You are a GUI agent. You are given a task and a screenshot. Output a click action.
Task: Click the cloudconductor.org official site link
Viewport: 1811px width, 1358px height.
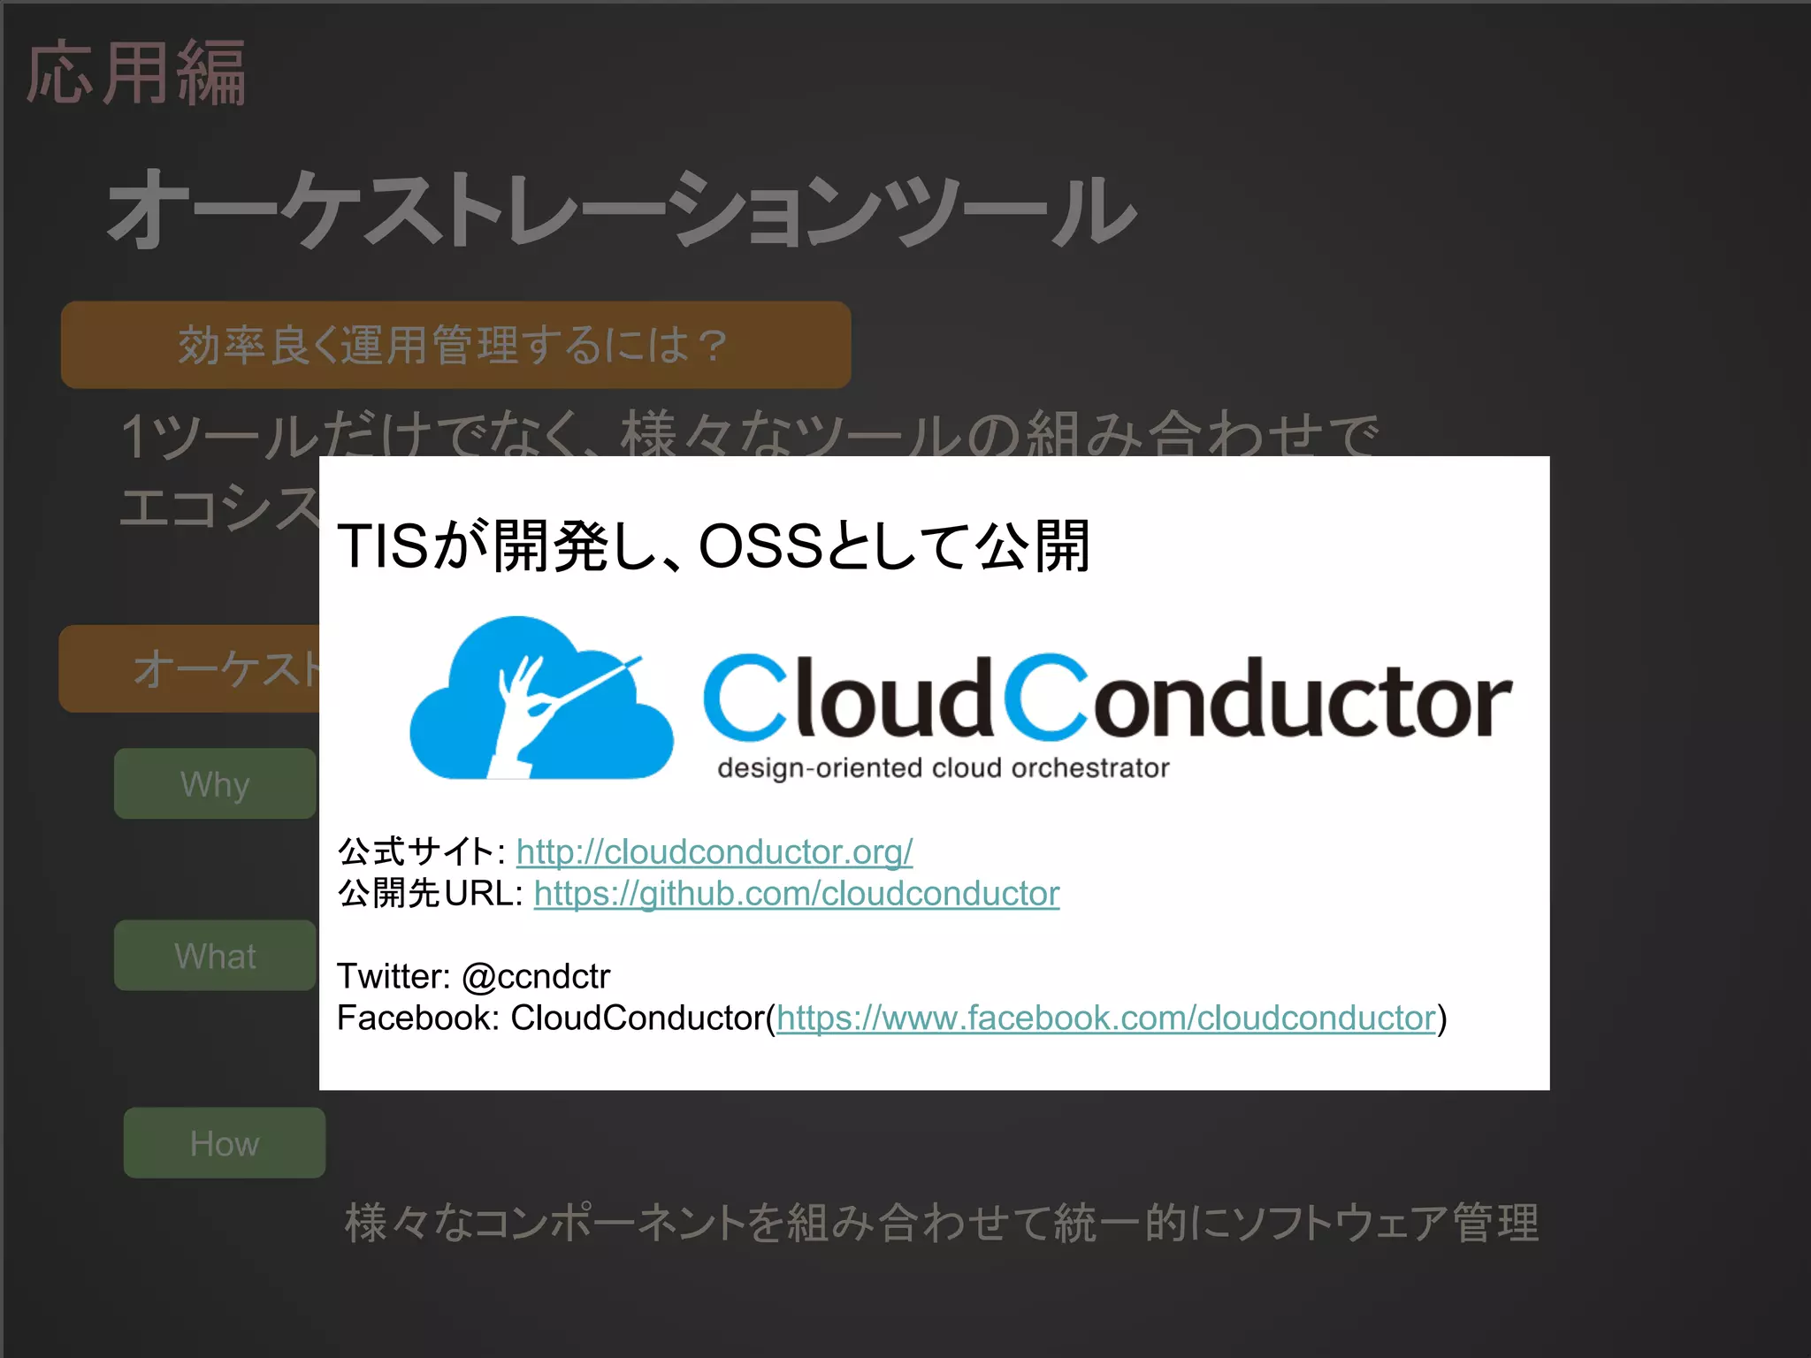[714, 852]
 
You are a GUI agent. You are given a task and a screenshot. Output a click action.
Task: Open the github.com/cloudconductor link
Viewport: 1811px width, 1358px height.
[796, 894]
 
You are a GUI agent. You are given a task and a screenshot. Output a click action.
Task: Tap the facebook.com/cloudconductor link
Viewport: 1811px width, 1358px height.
[1105, 1018]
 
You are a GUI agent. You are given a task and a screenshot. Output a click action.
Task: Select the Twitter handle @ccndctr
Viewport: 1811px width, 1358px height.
[536, 977]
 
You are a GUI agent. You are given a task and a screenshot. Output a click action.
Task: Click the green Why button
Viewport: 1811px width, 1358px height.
[215, 784]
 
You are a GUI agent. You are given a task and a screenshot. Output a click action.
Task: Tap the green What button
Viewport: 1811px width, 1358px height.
[215, 956]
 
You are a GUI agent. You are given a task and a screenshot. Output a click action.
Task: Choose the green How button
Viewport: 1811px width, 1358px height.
[224, 1143]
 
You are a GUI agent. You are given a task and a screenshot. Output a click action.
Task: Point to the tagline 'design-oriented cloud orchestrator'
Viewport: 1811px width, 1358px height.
[943, 768]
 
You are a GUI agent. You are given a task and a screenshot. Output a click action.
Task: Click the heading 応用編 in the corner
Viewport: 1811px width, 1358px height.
[135, 73]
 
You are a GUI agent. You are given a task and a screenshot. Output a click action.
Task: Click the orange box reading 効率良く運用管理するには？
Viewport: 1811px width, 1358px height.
[455, 345]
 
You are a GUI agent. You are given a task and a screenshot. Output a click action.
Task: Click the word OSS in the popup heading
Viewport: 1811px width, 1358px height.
[760, 546]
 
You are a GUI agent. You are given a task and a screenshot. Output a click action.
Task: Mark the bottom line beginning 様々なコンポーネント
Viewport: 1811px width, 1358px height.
[942, 1224]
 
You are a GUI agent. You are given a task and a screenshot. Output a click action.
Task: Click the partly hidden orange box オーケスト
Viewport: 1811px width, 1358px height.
[190, 668]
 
